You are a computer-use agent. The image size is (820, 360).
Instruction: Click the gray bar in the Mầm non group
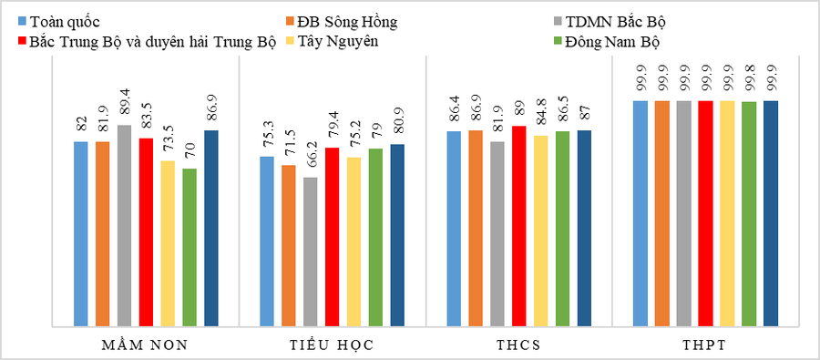[124, 225]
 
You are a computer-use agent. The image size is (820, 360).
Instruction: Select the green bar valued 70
[190, 247]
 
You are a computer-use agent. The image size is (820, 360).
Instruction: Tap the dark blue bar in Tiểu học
[397, 234]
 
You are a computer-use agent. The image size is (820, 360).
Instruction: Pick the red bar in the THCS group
[518, 225]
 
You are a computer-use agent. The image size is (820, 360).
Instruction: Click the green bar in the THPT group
[749, 213]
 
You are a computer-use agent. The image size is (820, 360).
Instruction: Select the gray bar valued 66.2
[311, 251]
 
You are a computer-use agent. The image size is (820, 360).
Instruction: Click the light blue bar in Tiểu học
[267, 241]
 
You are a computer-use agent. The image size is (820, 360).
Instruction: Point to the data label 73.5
[169, 141]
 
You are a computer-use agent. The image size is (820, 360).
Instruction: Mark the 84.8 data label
[541, 116]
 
